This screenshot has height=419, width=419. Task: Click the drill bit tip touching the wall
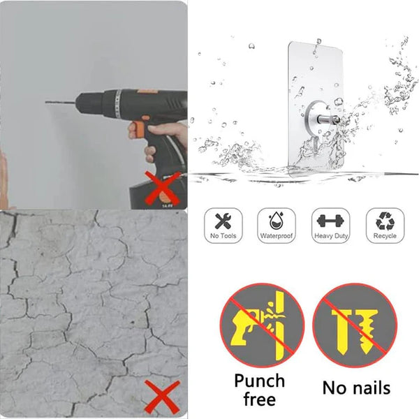tap(46, 103)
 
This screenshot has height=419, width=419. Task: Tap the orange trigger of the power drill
tap(138, 128)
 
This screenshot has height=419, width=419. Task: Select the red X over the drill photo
tap(163, 188)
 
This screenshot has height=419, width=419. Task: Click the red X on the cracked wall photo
tap(162, 397)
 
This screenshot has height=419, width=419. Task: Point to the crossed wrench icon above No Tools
tap(223, 221)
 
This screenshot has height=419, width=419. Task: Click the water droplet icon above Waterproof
tap(277, 221)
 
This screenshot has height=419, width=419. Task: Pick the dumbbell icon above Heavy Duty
tap(331, 221)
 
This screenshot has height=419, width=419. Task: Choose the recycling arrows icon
tap(385, 221)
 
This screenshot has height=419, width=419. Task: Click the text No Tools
tap(223, 236)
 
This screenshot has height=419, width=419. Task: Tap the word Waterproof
tap(277, 236)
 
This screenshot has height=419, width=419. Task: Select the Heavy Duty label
tap(331, 236)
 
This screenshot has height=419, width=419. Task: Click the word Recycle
tap(385, 236)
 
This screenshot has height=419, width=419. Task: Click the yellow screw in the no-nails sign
tap(369, 331)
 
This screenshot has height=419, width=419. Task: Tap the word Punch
tap(260, 381)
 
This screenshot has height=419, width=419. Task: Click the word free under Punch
tap(260, 399)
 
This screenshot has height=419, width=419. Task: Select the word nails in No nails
tap(369, 388)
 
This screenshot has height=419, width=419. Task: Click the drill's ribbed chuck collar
tap(118, 103)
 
